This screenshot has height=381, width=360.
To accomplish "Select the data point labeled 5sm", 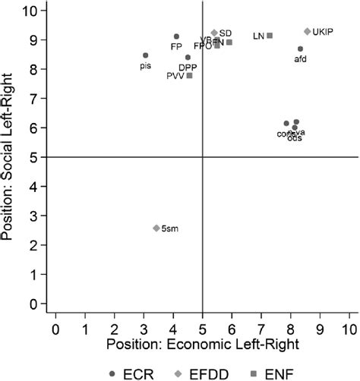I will pyautogui.click(x=156, y=228).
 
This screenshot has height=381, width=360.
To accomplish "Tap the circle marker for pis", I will pyautogui.click(x=146, y=55).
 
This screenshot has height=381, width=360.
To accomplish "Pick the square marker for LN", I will pyautogui.click(x=270, y=36).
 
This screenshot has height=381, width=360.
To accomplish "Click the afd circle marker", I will pyautogui.click(x=301, y=49).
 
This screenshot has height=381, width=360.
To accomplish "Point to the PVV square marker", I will pyautogui.click(x=189, y=75).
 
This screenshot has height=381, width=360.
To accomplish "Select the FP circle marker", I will pyautogui.click(x=176, y=36).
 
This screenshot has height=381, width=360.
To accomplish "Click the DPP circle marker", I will pyautogui.click(x=188, y=58).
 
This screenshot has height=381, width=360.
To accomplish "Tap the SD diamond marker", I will pyautogui.click(x=214, y=33).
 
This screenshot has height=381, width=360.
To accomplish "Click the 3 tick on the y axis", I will pyautogui.click(x=33, y=216).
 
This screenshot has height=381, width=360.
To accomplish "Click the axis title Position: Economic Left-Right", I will pyautogui.click(x=202, y=347).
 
